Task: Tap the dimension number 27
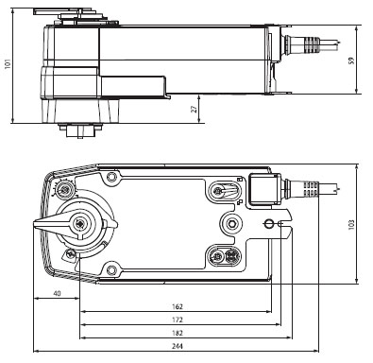point(194,110)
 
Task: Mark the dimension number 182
point(177,336)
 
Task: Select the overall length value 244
point(177,350)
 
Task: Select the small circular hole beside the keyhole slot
point(270,224)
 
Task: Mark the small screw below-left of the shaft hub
point(67,253)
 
